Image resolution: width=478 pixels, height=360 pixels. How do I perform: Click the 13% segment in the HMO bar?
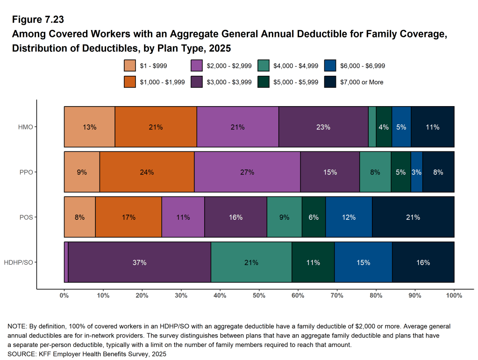[89, 127]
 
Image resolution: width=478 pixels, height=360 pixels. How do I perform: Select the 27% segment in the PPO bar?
[247, 172]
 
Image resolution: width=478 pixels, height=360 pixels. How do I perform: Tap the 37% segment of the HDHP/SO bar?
[139, 262]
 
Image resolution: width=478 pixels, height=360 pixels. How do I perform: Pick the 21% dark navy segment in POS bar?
[413, 217]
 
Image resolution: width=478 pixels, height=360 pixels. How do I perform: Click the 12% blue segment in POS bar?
[349, 217]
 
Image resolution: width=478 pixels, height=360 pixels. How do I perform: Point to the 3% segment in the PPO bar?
[416, 172]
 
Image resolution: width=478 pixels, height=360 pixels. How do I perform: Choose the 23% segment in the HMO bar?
[323, 127]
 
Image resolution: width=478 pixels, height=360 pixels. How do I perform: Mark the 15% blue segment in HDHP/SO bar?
[363, 262]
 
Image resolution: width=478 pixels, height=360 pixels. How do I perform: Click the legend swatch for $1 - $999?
[130, 66]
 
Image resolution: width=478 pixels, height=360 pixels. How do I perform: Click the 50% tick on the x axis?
[259, 295]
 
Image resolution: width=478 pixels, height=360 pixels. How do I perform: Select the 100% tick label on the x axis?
[454, 295]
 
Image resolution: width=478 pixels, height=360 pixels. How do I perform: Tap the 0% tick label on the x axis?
[64, 295]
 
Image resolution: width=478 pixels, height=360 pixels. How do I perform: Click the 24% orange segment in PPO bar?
[147, 172]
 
